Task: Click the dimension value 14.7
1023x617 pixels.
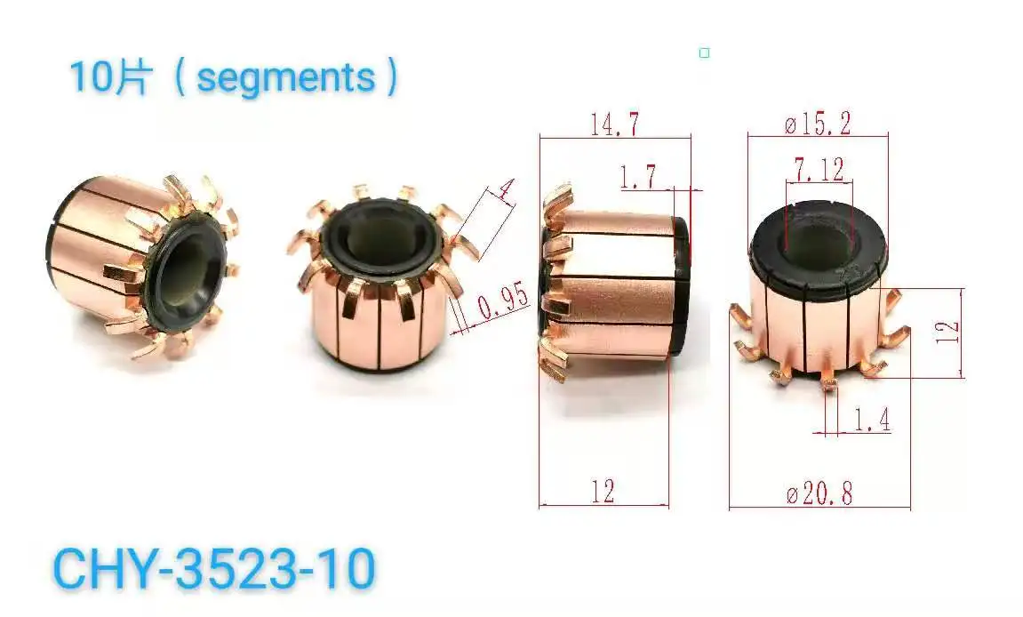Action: (614, 125)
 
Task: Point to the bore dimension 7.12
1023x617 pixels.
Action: (819, 170)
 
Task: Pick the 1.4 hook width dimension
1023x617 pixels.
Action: (871, 421)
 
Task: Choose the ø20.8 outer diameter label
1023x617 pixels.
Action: (819, 494)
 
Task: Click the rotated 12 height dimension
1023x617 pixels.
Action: (948, 333)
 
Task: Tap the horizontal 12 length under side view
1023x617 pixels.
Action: (602, 492)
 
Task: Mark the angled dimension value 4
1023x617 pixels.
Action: (506, 189)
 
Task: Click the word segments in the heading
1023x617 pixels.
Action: (285, 77)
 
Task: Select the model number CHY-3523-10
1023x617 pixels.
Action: (214, 568)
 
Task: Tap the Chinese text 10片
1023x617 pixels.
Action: (107, 77)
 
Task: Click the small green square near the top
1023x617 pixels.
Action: (704, 53)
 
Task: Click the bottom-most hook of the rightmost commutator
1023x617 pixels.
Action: (829, 382)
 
